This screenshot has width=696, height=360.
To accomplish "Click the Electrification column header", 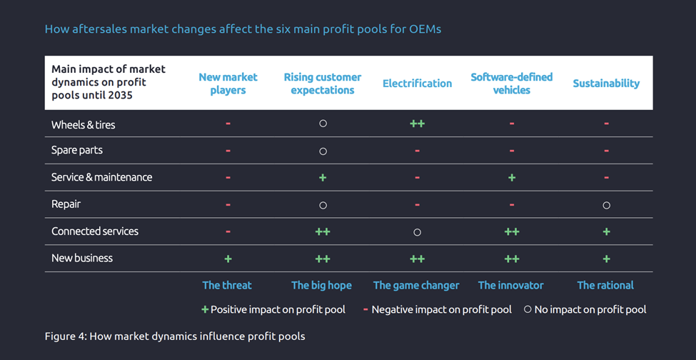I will pos(417,84).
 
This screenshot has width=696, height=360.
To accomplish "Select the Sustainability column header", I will pos(606,84).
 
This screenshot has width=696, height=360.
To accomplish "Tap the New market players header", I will pos(228,84).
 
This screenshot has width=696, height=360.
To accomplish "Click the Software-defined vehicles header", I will pos(511,84).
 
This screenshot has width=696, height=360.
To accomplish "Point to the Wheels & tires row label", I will pos(83,124).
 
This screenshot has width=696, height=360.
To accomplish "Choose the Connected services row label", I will pos(95,231).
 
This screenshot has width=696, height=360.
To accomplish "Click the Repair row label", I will pos(66,204).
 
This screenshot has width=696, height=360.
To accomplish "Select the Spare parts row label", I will pos(77,151).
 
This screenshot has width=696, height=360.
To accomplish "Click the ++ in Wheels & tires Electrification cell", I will pos(417,124).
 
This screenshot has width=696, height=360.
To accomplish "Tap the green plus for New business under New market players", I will pos(228,258).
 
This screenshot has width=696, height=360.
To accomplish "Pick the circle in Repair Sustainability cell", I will pos(606,205).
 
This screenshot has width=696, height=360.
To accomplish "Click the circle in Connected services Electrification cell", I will pos(417,232).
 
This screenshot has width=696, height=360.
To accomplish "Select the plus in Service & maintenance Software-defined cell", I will pos(512,177).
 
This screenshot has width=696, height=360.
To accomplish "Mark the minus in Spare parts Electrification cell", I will pos(417,151).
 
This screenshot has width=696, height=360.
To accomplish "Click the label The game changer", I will pos(416,285).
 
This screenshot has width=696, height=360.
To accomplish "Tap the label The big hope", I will pos(321,285).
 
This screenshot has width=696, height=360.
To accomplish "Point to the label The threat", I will pos(227,285).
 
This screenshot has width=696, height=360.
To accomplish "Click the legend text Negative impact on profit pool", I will pos(441,309).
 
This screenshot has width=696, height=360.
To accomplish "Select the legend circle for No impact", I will pos(528,309).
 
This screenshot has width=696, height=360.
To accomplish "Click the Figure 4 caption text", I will pos(175,336).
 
